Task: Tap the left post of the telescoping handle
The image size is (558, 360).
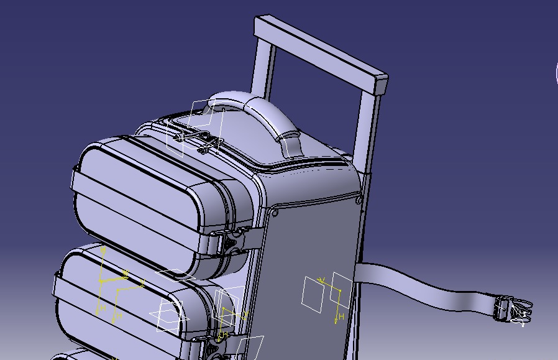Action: pyautogui.click(x=262, y=68)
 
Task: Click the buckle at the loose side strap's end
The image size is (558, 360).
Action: pyautogui.click(x=512, y=310)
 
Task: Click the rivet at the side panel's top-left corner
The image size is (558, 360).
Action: pyautogui.click(x=275, y=213)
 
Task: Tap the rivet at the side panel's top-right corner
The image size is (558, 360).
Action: pyautogui.click(x=359, y=200)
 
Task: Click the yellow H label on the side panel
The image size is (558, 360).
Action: pyautogui.click(x=341, y=300)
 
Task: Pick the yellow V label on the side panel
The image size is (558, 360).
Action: pyautogui.click(x=322, y=280)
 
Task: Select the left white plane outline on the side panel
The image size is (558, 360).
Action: pyautogui.click(x=313, y=294)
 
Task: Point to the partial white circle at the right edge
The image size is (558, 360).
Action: pyautogui.click(x=556, y=73)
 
